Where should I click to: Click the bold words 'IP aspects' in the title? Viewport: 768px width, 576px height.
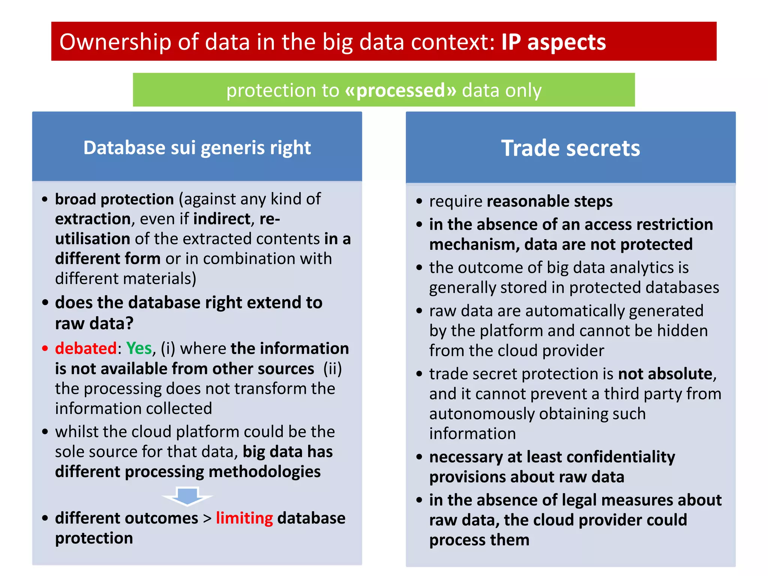coord(553,42)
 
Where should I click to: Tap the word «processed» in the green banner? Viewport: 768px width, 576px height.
coord(400,90)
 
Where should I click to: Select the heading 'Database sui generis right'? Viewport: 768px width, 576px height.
coord(197,147)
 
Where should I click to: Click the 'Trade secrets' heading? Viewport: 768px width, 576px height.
coord(570,148)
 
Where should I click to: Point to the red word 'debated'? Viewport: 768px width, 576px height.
coord(86,348)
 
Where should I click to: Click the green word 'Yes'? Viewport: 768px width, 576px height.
coord(139,348)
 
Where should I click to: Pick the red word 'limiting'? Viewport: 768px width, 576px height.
coord(244,518)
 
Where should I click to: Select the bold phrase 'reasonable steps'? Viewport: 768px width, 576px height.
coord(549,201)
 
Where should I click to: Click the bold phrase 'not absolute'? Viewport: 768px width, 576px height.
coord(665,374)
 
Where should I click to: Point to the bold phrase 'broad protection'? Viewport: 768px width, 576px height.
coord(114,199)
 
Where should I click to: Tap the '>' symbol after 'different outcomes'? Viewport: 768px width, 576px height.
coord(207,519)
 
